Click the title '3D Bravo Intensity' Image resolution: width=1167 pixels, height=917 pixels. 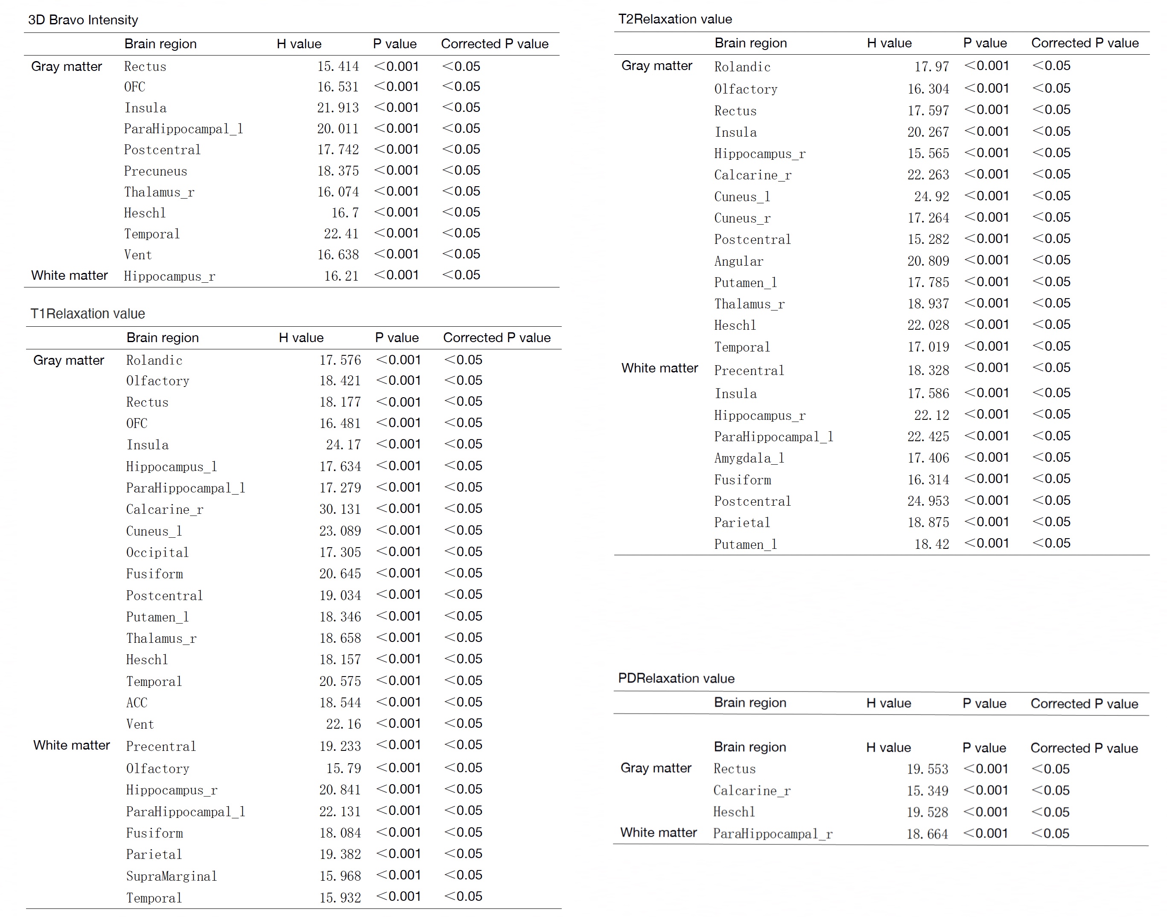point(83,20)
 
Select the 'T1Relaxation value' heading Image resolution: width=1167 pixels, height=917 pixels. point(88,313)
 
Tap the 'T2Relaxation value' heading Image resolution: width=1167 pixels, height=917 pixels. point(675,19)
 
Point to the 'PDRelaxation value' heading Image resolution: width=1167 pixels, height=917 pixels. point(676,678)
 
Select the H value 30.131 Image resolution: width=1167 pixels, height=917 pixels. point(340,509)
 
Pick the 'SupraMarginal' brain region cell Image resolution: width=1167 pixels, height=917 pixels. point(171,876)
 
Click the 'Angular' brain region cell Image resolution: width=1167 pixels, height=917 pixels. point(738,261)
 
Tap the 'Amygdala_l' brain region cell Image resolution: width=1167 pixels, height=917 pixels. point(749,458)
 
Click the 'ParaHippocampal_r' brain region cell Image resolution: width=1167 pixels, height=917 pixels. point(773,834)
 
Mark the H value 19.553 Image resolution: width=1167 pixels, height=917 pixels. point(927,769)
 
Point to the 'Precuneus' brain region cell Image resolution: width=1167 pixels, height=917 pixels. point(156,171)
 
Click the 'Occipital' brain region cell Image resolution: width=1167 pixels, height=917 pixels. point(157,552)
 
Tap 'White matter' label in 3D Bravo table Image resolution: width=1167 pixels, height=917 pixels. point(69,275)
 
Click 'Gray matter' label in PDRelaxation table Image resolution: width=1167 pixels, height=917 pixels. point(656,768)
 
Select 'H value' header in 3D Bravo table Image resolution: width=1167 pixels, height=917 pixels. point(299,44)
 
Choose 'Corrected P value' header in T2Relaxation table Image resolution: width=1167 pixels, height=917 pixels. point(1085,43)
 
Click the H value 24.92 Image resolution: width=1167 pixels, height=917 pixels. point(931,196)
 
